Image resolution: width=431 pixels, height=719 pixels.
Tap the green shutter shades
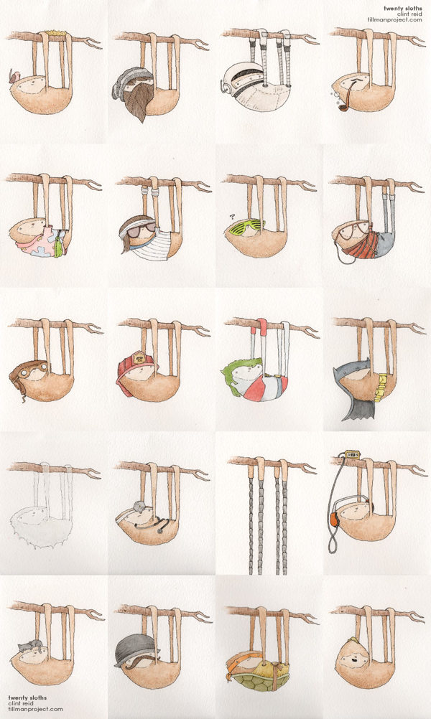coord(247,227)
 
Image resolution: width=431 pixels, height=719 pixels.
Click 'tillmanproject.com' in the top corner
coord(394,19)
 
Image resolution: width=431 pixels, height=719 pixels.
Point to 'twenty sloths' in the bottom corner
coord(27,698)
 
